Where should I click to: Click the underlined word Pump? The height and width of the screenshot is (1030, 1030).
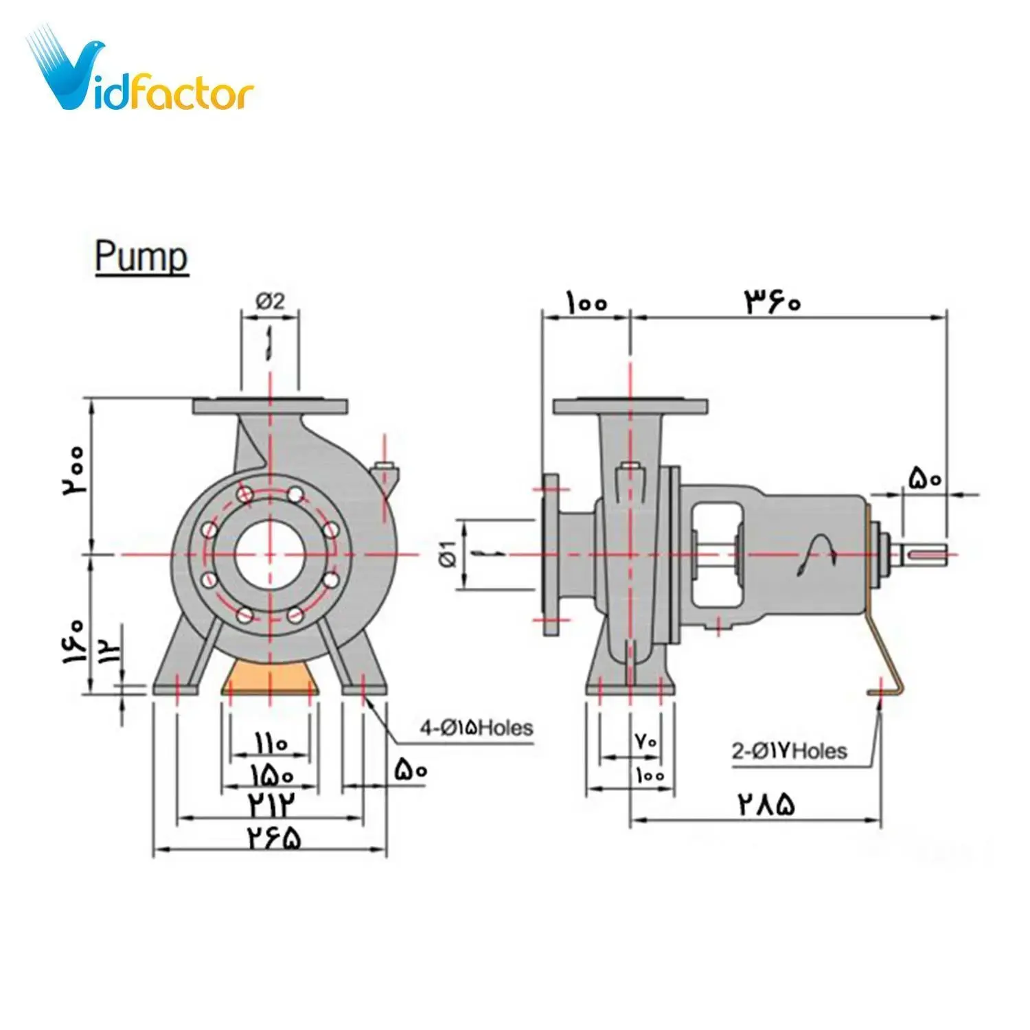point(141,257)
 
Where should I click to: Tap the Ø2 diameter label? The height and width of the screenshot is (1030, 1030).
point(271,301)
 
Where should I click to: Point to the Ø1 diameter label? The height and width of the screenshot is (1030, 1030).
point(450,553)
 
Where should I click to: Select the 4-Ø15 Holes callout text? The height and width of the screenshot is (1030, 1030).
point(477,727)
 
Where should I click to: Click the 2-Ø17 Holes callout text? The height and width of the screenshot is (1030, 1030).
point(789,751)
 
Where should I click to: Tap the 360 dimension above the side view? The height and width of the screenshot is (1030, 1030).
point(773,301)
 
